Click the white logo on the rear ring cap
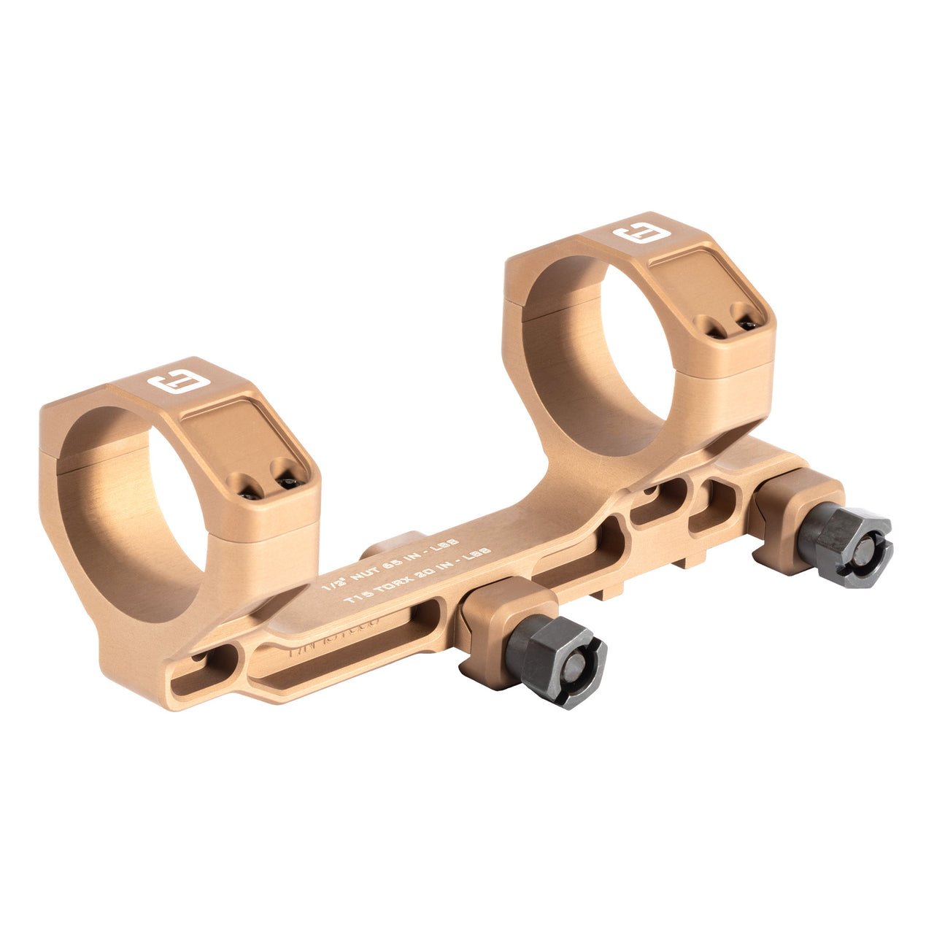pos(636,235)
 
